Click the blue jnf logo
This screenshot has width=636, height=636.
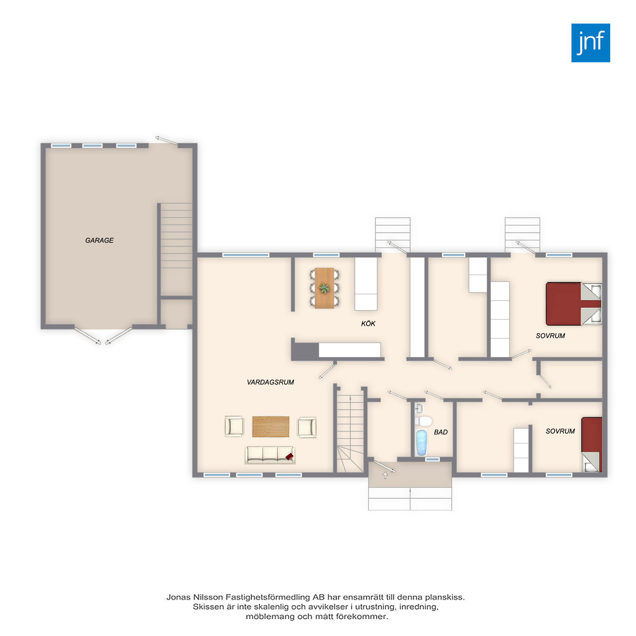click(590, 43)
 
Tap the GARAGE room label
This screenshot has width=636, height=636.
click(99, 240)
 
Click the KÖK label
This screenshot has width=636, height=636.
click(368, 323)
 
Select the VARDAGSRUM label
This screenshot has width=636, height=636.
click(270, 382)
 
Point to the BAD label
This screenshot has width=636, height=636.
click(441, 432)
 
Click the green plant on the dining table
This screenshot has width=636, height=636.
click(324, 288)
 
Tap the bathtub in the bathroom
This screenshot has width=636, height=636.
click(421, 443)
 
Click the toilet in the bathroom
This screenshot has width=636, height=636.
click(423, 421)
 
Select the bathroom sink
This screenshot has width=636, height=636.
click(419, 408)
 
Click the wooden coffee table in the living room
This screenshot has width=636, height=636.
click(270, 427)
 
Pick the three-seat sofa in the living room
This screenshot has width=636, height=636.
click(270, 455)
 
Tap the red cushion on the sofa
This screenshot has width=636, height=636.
click(289, 457)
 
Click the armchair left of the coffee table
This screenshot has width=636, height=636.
click(234, 426)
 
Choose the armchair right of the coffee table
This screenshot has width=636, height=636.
click(307, 427)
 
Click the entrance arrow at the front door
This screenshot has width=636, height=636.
click(385, 475)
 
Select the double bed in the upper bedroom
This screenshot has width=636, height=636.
click(574, 304)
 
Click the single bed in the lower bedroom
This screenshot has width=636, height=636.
click(592, 445)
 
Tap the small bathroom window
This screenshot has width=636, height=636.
click(432, 459)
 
